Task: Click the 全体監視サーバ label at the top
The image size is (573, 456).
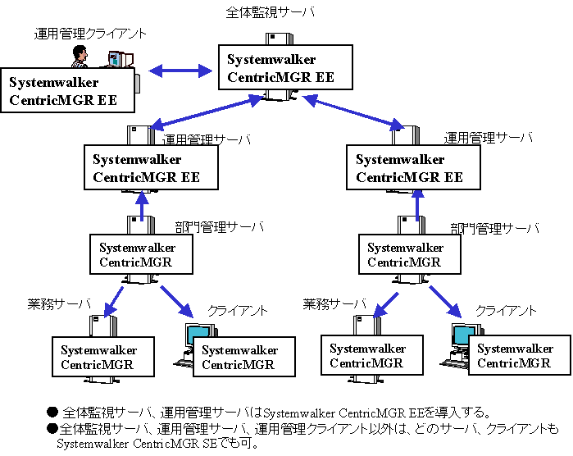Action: coord(270,12)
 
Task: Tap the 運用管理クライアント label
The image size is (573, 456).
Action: coord(90,34)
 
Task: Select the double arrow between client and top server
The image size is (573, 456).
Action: coord(180,71)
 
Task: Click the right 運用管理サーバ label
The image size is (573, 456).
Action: coord(489,138)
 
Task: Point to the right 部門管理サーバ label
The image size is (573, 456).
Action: coord(495,229)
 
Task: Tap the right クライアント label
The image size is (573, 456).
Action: coord(506,311)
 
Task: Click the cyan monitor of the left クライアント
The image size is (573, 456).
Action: coord(198,336)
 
